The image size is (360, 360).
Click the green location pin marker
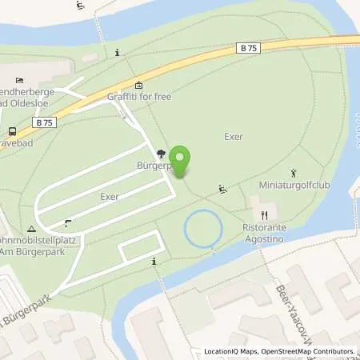[181, 161]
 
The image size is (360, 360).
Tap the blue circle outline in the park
[202, 229]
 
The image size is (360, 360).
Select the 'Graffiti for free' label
[139, 97]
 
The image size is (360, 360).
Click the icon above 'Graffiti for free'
[138, 85]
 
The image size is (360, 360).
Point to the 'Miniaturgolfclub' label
[294, 186]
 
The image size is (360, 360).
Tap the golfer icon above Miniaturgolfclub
[294, 172]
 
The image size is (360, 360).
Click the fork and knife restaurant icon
[263, 214]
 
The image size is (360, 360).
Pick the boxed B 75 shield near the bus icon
[44, 122]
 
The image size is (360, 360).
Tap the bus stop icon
[11, 131]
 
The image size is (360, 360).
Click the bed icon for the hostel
[20, 80]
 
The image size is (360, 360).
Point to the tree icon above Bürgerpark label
[161, 154]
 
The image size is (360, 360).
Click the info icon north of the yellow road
[118, 53]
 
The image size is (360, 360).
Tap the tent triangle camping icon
[31, 228]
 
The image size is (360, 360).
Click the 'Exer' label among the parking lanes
[110, 195]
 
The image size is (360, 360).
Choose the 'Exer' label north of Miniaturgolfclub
[233, 136]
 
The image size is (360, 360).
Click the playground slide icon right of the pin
[223, 190]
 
